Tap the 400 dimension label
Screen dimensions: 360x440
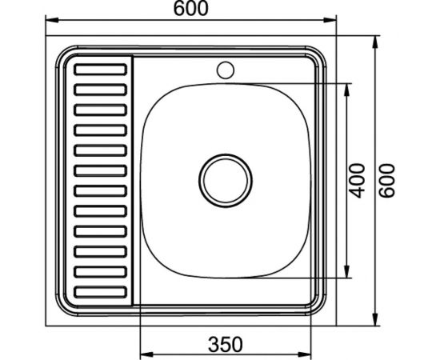pyautogui.click(x=358, y=181)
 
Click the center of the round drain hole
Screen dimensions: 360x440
pyautogui.click(x=226, y=178)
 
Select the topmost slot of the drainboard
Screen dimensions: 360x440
pyautogui.click(x=100, y=70)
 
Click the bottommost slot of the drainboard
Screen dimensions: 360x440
pyautogui.click(x=100, y=292)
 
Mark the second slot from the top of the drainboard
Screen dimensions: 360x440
pyautogui.click(x=100, y=89)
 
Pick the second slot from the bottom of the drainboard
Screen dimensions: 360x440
pyautogui.click(x=100, y=273)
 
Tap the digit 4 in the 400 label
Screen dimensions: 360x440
pyautogui.click(x=358, y=193)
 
